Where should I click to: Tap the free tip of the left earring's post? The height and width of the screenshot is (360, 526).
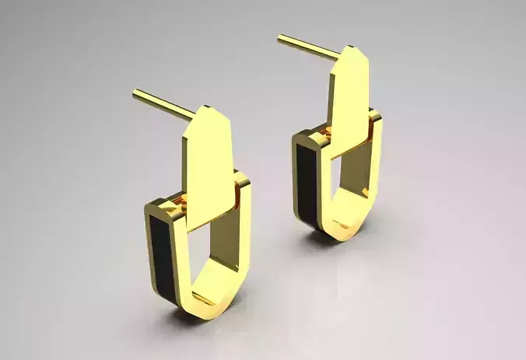[x=135, y=93]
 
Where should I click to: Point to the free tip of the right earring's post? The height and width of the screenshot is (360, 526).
[x=280, y=37]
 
